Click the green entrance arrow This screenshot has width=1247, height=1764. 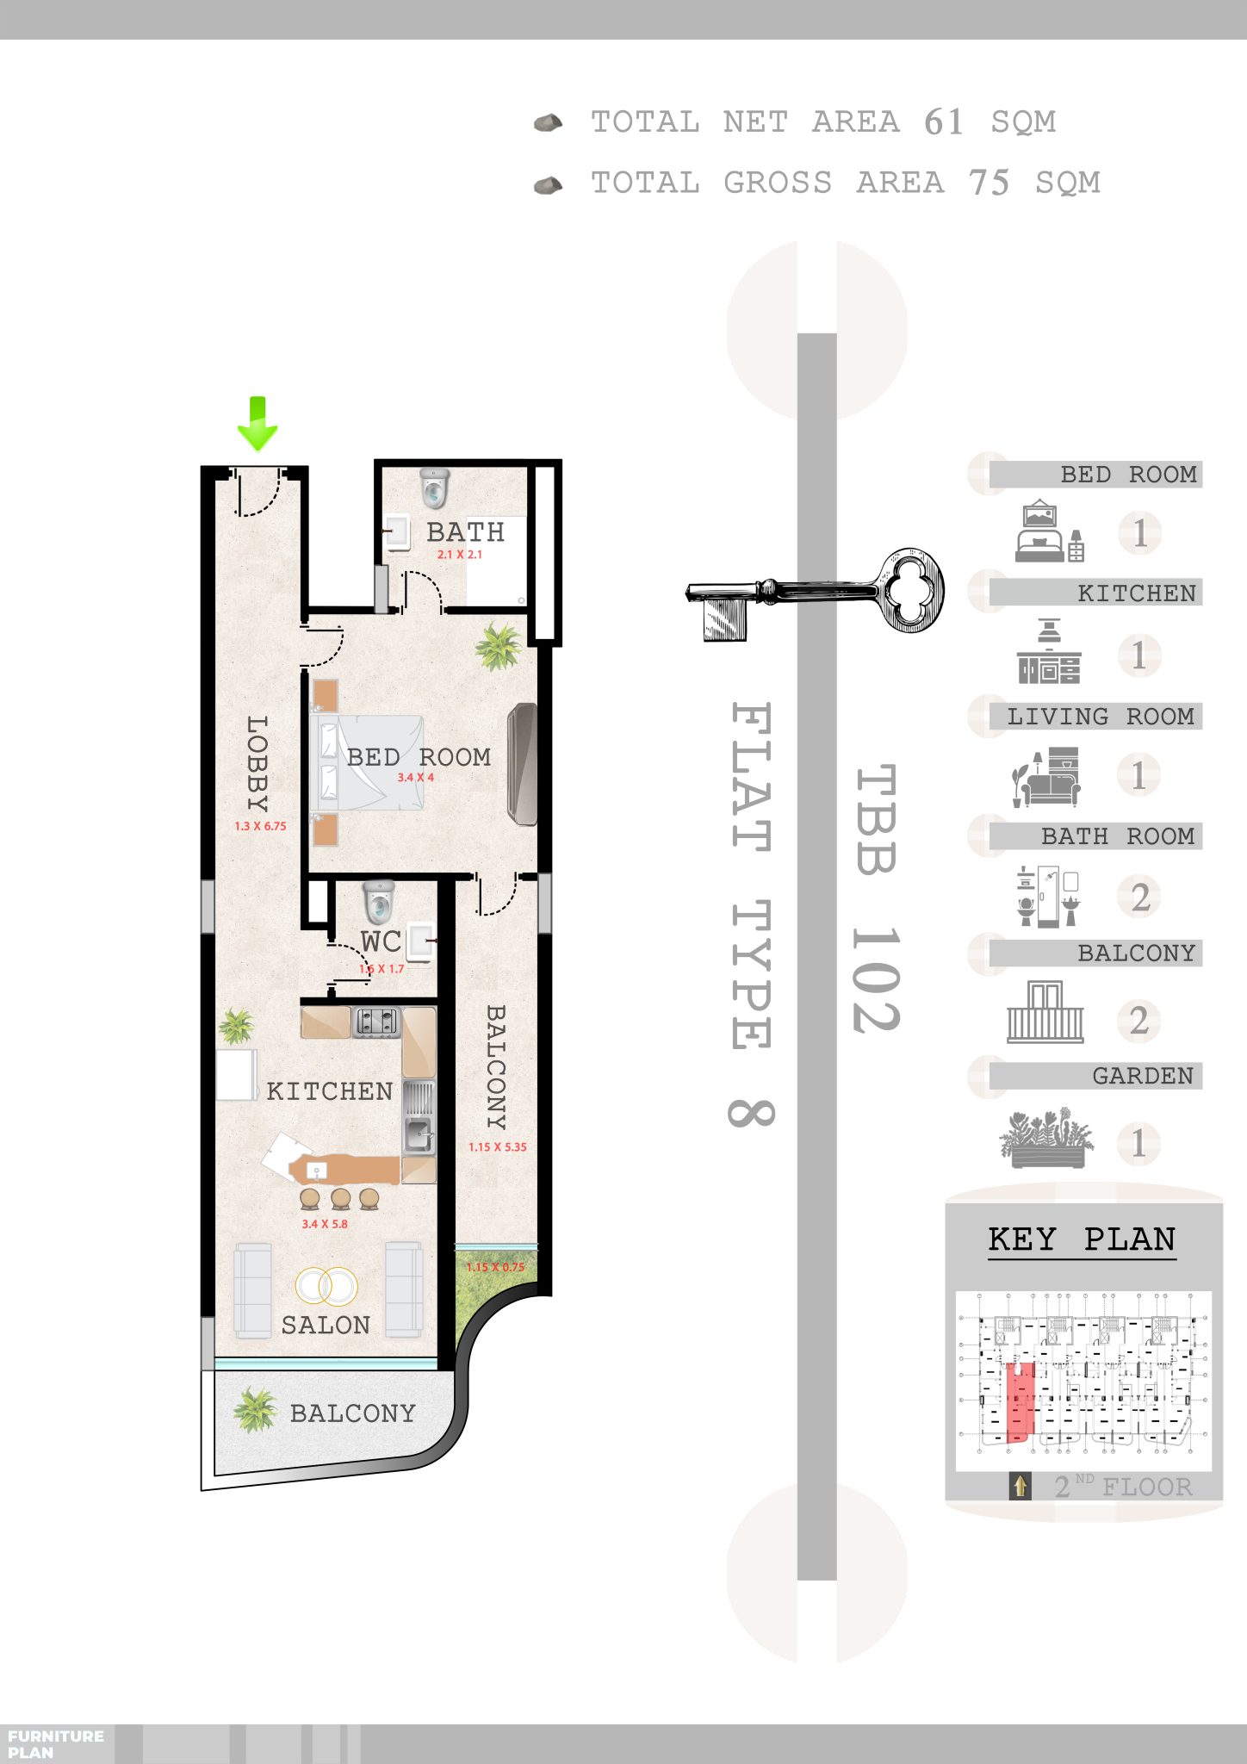(257, 424)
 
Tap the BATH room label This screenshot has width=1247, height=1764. (465, 532)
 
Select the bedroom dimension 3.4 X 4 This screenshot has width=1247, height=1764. (415, 778)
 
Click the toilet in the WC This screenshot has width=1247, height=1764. (379, 901)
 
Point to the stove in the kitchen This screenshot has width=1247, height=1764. (377, 1022)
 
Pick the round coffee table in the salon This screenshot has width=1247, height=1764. (326, 1286)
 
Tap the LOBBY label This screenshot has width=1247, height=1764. (257, 763)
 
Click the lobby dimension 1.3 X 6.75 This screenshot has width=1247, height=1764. (260, 826)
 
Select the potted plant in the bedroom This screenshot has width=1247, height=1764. (498, 646)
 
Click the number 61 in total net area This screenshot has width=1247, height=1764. (944, 122)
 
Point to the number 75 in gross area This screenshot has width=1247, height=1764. (989, 183)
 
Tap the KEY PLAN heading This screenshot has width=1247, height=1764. (1082, 1239)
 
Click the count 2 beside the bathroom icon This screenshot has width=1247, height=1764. (1140, 898)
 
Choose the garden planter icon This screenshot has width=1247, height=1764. (1047, 1138)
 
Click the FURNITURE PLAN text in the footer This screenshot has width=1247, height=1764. (55, 1744)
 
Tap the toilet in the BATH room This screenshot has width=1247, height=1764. (435, 488)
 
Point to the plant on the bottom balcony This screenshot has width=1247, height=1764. (255, 1410)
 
